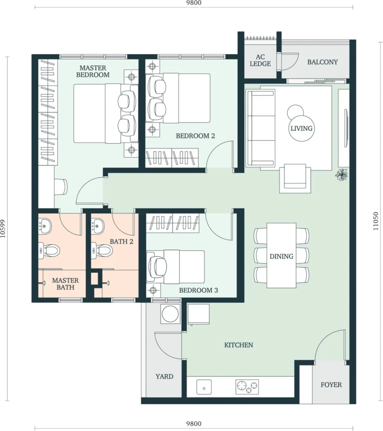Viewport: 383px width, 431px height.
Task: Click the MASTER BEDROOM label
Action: pos(93,71)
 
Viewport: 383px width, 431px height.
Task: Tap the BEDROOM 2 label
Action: pos(195,136)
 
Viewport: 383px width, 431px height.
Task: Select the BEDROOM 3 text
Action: pos(198,290)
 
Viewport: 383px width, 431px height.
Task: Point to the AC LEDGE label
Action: pos(260,61)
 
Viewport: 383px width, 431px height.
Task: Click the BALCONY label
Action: pos(322,62)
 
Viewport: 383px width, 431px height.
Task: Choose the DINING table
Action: pos(282,255)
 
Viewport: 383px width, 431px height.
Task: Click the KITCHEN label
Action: pos(239,345)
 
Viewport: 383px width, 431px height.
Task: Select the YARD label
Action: pos(165,376)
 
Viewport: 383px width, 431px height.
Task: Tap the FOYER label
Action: pos(331,385)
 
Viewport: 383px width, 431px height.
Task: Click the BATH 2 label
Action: pos(122,242)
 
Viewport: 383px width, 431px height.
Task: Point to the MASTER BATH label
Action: pos(65,284)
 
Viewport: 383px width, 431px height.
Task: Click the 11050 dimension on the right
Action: pos(376,221)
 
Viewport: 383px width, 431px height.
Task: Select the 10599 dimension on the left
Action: pos(3,229)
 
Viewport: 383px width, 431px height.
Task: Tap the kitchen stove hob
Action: pos(247,387)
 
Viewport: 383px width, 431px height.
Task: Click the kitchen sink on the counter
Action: pos(204,387)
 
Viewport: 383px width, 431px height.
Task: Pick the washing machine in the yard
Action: pos(170,314)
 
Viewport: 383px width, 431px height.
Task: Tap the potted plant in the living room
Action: pos(341,175)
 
